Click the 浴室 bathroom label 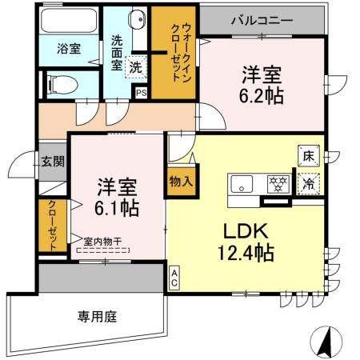68,49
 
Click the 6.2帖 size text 263,96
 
